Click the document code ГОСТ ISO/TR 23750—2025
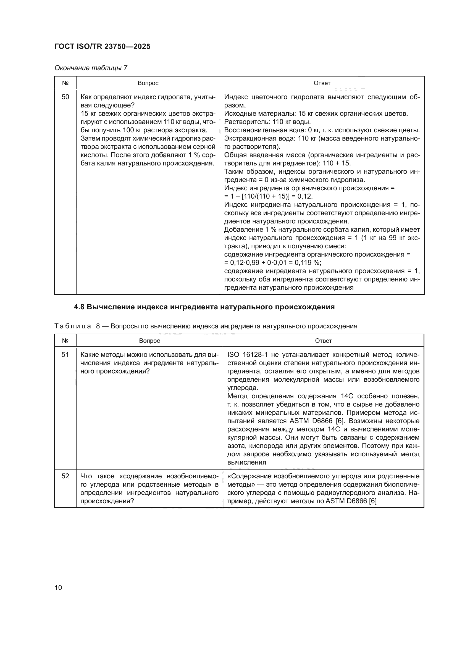103,46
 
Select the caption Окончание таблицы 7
91,68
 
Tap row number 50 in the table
65,97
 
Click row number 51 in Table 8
65,355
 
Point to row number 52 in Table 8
65,476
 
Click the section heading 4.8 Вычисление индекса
204,307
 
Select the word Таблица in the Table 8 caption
73,326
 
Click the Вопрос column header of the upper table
148,83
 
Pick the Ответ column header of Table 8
323,341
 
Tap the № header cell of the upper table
65,83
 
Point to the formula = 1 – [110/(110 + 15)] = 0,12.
268,196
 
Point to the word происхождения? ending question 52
107,501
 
